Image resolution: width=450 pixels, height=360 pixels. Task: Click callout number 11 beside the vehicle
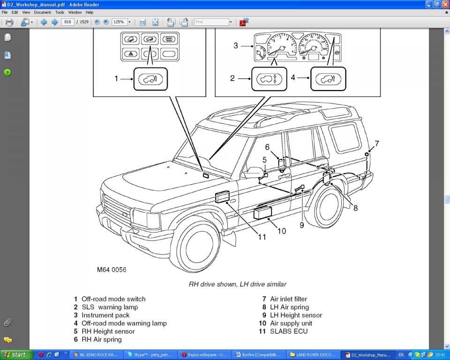point(262,237)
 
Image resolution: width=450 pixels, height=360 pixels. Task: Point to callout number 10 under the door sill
point(282,231)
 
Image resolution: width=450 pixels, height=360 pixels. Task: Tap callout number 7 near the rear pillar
point(376,143)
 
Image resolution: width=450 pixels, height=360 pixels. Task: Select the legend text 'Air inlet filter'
point(288,299)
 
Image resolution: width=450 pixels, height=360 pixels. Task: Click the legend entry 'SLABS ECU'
point(289,331)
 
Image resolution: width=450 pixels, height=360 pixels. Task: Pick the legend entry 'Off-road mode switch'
point(113,299)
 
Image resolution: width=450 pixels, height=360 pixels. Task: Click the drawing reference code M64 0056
point(112,270)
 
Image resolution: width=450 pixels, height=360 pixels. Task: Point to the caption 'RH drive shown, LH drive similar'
point(237,284)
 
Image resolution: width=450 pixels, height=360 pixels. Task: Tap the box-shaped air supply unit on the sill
point(262,213)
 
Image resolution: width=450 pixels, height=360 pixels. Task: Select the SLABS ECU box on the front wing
point(222,197)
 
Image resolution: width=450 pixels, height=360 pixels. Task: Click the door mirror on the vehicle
point(254,172)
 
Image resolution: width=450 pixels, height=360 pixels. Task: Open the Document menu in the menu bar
point(42,12)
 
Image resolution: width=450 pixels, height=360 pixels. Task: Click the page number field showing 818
point(67,22)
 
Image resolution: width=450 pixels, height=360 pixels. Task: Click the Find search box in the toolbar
point(211,22)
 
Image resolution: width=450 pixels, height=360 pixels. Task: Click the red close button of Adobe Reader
point(445,4)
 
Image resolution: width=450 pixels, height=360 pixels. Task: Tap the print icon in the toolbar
point(9,22)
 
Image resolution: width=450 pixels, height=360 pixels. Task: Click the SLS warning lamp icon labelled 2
point(267,79)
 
